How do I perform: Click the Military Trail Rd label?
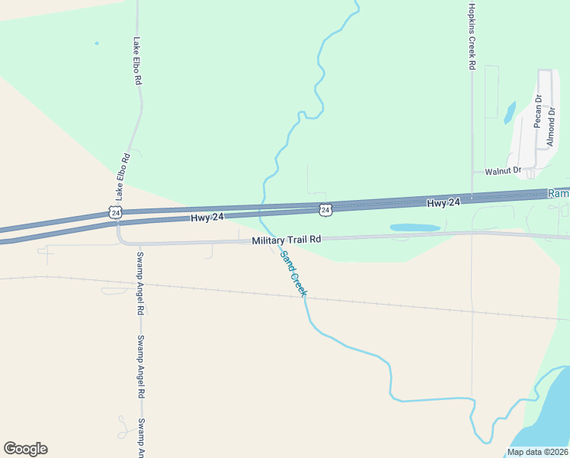tap(287, 240)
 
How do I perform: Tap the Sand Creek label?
tap(293, 273)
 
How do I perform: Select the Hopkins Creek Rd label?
tap(472, 36)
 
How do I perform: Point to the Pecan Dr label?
tap(537, 109)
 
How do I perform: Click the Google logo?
tap(25, 449)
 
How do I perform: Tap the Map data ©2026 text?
tap(536, 452)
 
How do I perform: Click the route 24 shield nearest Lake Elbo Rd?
tap(114, 212)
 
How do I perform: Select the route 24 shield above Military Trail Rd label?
tap(325, 208)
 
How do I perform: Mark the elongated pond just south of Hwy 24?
tap(415, 227)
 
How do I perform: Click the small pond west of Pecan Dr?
tap(509, 112)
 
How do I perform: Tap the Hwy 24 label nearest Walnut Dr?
tap(444, 202)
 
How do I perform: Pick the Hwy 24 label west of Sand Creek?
tap(207, 218)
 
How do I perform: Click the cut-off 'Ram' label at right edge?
tap(559, 194)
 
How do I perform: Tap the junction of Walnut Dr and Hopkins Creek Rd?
tap(472, 171)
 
